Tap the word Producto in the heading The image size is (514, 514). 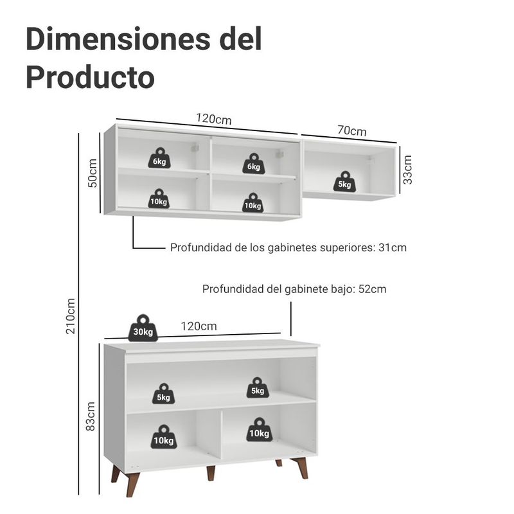(90, 77)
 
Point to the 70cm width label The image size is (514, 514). (351, 131)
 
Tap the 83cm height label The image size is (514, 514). (91, 416)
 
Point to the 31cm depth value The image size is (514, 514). (392, 247)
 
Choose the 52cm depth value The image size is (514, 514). (372, 289)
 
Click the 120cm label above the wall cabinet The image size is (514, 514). (213, 120)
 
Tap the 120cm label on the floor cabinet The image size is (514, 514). (198, 326)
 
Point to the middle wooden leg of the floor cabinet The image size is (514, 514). (210, 473)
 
